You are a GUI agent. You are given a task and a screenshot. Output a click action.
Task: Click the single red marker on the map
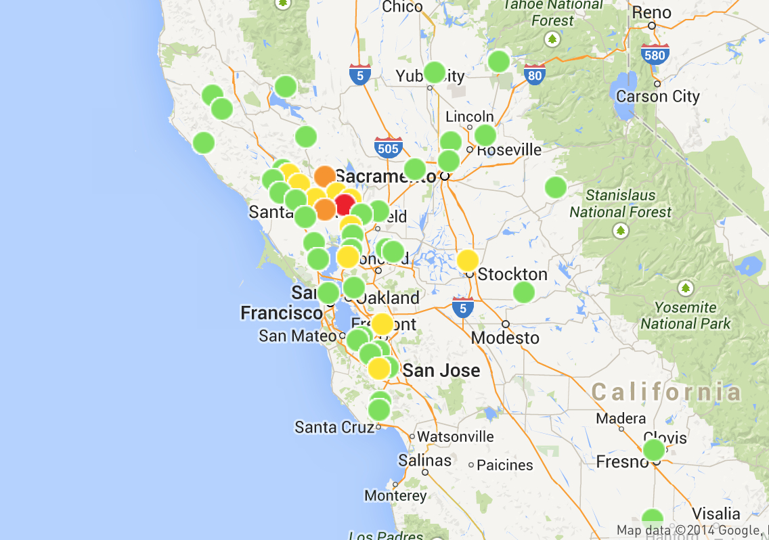345,204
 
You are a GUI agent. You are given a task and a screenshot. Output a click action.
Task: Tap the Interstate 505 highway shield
389,147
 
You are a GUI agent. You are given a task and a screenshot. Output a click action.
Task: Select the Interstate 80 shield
535,73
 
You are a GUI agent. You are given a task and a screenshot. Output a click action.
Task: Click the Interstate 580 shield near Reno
655,53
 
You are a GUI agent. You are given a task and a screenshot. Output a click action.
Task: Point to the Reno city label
651,12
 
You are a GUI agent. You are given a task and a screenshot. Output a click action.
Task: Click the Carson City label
657,96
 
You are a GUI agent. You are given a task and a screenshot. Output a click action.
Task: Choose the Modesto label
505,337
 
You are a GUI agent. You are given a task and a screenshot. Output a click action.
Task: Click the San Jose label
441,370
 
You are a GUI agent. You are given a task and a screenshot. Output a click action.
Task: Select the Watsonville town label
456,436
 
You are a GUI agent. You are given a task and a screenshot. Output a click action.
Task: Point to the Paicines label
505,465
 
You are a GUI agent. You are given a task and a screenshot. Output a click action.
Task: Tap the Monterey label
395,495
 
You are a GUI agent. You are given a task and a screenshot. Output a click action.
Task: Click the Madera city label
621,418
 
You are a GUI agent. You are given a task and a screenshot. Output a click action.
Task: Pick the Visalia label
716,512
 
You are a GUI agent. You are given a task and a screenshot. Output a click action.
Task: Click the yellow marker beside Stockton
467,261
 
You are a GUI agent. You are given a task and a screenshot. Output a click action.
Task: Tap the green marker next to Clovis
653,449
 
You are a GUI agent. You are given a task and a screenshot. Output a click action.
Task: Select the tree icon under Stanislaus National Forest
620,231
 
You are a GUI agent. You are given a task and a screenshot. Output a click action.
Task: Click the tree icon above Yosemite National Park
686,288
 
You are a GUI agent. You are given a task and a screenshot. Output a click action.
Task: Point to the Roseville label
509,149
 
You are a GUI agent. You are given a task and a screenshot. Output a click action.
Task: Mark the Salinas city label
424,461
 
